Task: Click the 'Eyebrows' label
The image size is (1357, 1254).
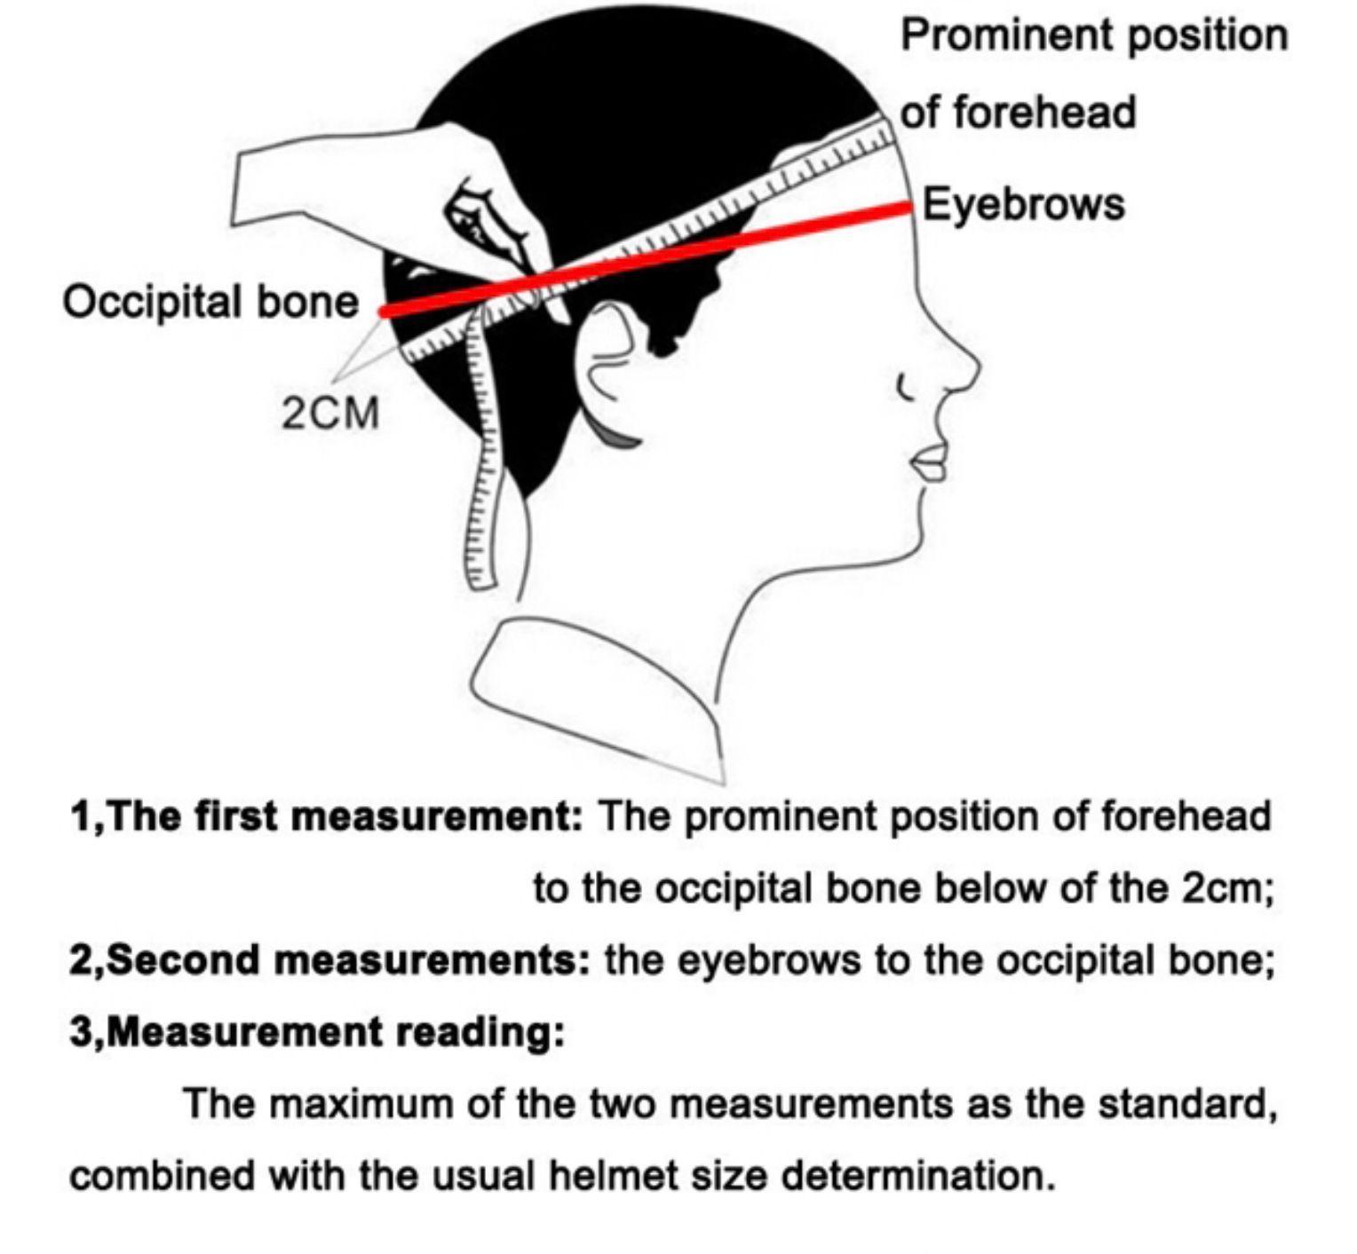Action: tap(1023, 204)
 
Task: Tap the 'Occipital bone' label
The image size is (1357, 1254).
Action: tap(210, 302)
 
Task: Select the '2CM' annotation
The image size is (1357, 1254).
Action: tap(330, 414)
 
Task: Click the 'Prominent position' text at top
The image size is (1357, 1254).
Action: tap(1093, 35)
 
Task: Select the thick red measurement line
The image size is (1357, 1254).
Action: tap(648, 257)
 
